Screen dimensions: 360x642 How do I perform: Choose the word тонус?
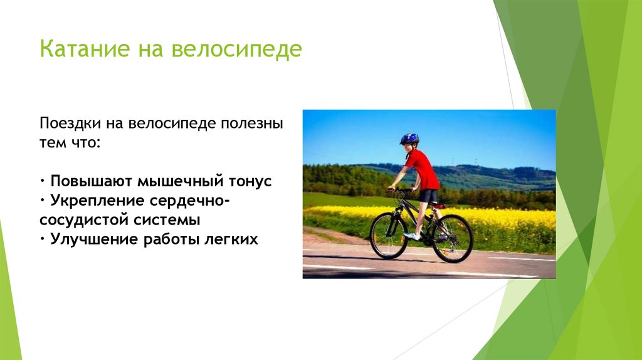tap(249, 181)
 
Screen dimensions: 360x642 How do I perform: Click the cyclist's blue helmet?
tap(409, 138)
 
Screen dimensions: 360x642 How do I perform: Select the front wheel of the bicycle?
tap(389, 236)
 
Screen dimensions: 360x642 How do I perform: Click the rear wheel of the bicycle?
tap(452, 238)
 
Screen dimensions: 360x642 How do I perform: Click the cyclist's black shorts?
tap(429, 196)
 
